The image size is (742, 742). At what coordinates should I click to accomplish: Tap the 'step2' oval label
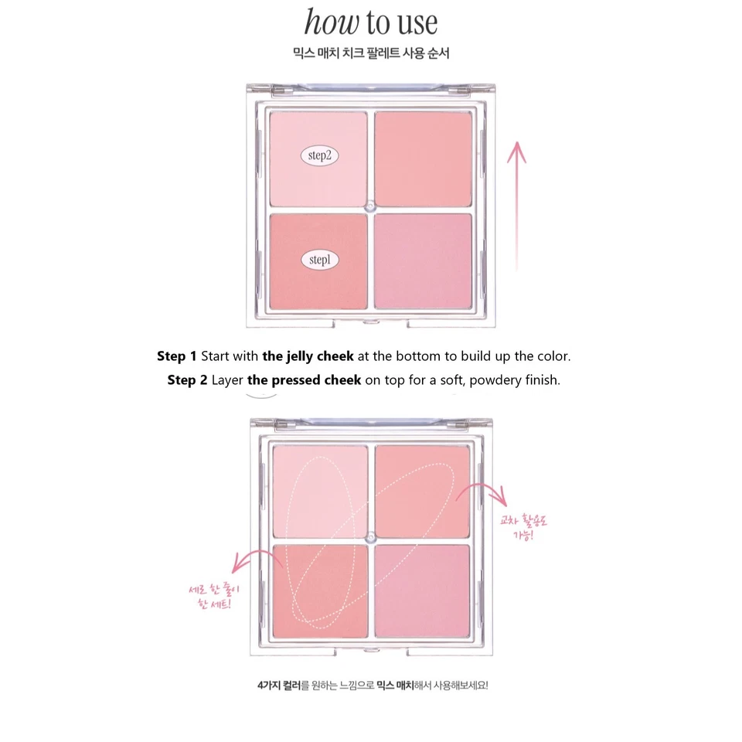coord(319,155)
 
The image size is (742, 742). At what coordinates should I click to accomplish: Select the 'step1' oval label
coord(319,260)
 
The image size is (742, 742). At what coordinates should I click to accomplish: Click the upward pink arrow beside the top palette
coord(516,206)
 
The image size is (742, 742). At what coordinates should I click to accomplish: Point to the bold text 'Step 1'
coord(176,356)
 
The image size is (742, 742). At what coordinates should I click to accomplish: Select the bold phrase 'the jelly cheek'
coord(308,356)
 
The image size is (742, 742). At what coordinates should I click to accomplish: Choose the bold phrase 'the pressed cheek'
coord(304,381)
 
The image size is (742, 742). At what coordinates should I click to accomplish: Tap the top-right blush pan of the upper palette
coord(423,158)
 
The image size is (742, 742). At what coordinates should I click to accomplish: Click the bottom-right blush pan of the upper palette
coord(423,261)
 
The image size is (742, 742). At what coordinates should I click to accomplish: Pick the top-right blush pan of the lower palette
coord(423,492)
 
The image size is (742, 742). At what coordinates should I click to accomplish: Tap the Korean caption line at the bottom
coord(371,685)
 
